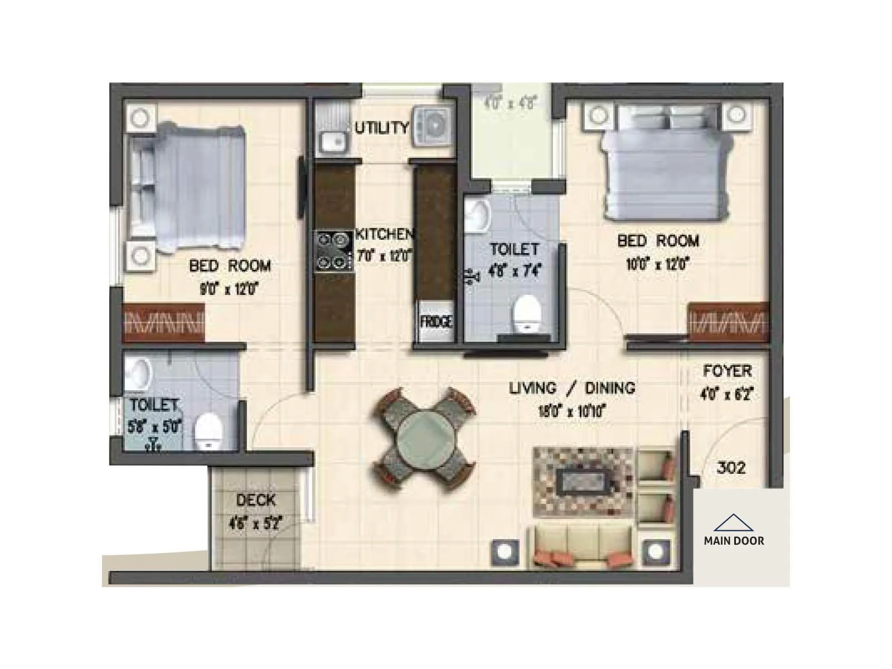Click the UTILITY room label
click(x=382, y=128)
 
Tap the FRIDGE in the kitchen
click(x=436, y=322)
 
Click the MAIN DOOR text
click(x=734, y=540)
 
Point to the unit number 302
click(x=730, y=467)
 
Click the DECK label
click(x=255, y=500)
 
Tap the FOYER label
click(x=727, y=371)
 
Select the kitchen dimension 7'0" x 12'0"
click(x=384, y=256)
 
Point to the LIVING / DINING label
click(x=572, y=388)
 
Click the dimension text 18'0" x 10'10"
click(x=572, y=412)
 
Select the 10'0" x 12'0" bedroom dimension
click(x=658, y=264)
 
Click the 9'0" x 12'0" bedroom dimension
click(x=229, y=289)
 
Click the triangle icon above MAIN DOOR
click(x=733, y=522)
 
